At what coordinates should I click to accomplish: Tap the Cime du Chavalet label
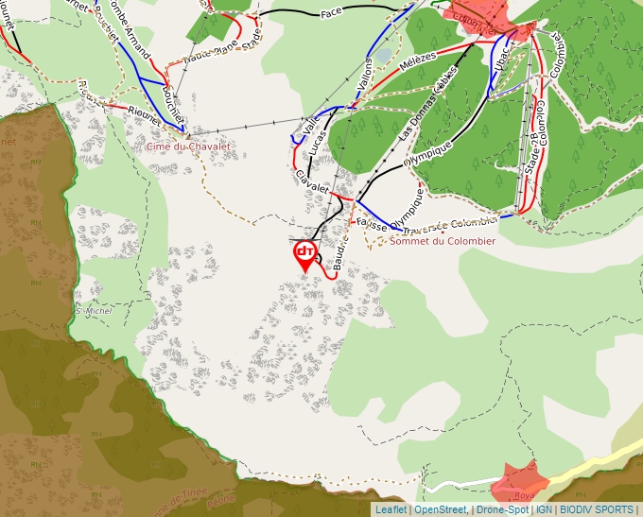coord(187,146)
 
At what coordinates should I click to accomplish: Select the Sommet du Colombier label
coord(443,241)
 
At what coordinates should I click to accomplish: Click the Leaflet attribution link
coord(390,509)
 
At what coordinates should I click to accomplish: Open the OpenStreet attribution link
coord(440,509)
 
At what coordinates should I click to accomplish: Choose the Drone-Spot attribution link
coord(502,509)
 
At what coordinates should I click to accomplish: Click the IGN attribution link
coord(544,509)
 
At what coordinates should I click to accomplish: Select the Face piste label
coord(331,12)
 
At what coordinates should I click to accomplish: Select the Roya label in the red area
coord(524,495)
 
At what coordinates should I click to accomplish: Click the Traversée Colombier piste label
coord(449,225)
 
